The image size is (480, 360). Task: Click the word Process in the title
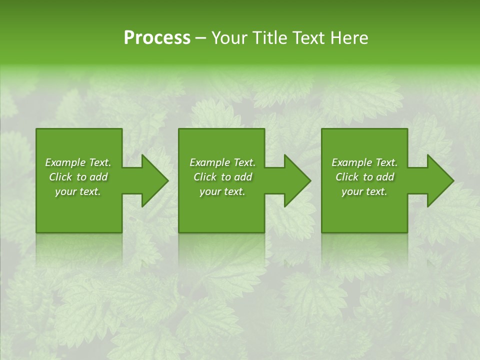157,38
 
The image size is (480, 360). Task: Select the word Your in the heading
230,38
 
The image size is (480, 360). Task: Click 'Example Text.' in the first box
78,162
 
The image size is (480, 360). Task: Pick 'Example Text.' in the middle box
222,162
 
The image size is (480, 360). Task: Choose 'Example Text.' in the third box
364,162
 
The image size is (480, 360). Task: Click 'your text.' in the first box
78,191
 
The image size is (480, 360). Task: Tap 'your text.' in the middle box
222,191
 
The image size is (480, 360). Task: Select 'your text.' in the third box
364,191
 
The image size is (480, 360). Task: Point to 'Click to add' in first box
78,177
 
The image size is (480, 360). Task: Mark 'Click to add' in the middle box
222,177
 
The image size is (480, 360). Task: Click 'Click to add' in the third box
364,177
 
